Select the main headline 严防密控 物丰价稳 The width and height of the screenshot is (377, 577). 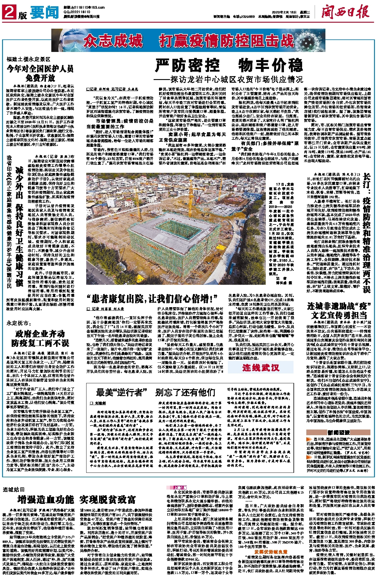point(229,65)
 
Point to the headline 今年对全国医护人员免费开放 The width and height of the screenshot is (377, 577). point(40,73)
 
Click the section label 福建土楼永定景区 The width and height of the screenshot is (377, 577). point(29,59)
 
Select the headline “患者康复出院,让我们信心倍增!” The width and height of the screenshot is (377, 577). point(152,298)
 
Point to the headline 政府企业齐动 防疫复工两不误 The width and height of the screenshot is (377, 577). point(40,338)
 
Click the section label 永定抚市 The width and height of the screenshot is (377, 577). point(19,323)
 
